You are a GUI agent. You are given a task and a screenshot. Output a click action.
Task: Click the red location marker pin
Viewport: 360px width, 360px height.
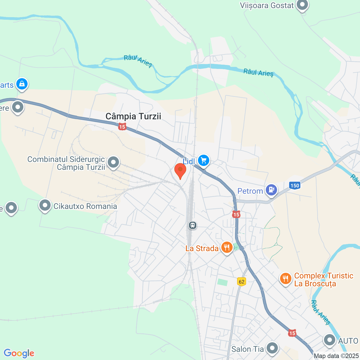180,170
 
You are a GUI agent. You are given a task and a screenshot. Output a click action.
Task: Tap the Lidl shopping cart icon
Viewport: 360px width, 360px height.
204,161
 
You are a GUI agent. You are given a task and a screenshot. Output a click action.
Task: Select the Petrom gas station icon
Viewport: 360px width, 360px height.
271,190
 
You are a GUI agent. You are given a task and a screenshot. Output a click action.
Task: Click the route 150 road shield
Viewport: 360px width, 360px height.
295,185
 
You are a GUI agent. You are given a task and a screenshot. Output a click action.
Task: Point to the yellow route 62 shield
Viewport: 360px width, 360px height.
241,282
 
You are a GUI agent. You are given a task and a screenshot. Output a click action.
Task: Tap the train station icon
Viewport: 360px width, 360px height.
193,225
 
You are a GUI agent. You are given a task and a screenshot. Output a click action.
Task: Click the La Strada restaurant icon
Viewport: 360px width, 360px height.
227,247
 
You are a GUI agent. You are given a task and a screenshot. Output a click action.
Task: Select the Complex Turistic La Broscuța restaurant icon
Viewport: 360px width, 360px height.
285,278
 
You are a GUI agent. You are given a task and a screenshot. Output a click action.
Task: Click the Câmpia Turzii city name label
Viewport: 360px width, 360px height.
133,116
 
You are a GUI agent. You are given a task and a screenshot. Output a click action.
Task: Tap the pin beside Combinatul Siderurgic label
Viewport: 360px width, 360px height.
113,162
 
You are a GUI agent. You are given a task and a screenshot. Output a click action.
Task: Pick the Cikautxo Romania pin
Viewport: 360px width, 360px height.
45,206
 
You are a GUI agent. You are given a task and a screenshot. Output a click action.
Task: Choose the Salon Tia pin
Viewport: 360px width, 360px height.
272,348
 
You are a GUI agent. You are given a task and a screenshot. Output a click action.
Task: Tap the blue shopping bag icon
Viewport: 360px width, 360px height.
22,84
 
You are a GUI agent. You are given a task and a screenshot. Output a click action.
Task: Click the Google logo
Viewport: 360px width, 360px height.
19,353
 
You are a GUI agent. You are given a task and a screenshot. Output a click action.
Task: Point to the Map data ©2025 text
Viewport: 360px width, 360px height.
336,356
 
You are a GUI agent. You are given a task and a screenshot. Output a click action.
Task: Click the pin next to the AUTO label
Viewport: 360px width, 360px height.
330,340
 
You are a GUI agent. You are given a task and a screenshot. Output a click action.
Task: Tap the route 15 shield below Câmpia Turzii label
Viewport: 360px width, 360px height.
122,127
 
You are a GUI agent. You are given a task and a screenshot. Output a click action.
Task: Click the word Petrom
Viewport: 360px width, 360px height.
250,191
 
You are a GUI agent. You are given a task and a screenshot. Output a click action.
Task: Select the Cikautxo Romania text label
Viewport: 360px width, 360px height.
85,206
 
